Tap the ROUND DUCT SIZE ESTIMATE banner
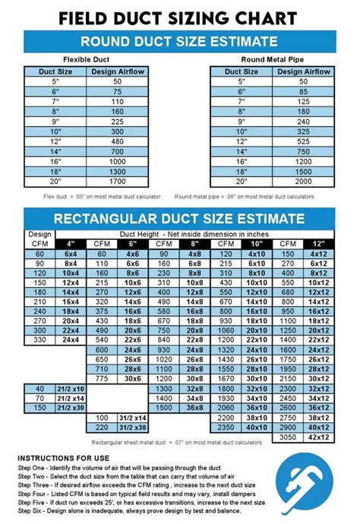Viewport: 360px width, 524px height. pyautogui.click(x=179, y=41)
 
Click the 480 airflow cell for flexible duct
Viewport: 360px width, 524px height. pyautogui.click(x=118, y=140)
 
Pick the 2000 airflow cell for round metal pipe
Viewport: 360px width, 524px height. pyautogui.click(x=304, y=182)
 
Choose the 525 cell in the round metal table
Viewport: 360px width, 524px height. pyautogui.click(x=304, y=140)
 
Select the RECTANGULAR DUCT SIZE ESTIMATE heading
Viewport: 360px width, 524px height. pyautogui.click(x=179, y=219)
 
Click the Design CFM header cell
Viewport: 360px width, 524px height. pyautogui.click(x=40, y=238)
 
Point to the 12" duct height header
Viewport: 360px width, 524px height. pyautogui.click(x=317, y=243)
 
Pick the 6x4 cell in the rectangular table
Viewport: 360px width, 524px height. pyautogui.click(x=71, y=254)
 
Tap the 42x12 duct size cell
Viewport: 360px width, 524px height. pyautogui.click(x=317, y=427)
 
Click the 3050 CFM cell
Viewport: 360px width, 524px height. pyautogui.click(x=287, y=437)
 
